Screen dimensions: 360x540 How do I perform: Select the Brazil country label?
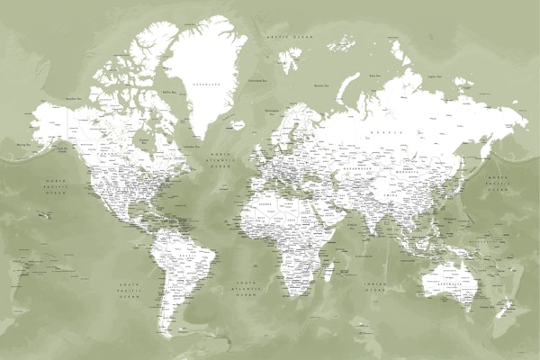click(x=187, y=256)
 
